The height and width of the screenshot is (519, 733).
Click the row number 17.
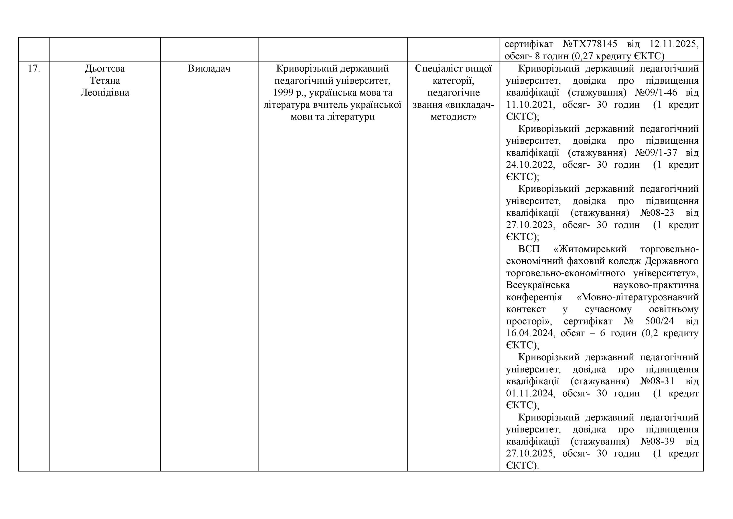[x=34, y=69]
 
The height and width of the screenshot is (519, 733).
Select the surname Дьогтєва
[x=105, y=69]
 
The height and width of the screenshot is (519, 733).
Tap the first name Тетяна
[x=105, y=81]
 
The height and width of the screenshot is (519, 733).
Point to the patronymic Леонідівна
[x=105, y=93]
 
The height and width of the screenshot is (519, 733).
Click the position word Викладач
[x=209, y=69]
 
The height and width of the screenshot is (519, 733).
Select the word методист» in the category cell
[x=453, y=117]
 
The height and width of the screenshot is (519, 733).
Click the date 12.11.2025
[x=674, y=44]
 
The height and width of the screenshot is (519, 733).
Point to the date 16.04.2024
[x=530, y=333]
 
